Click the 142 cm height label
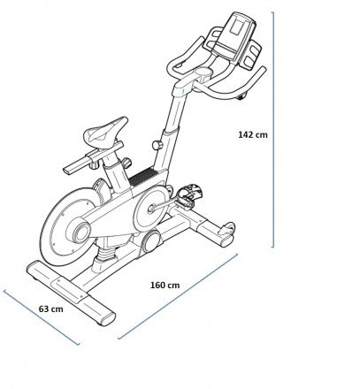(x=253, y=134)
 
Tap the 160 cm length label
(x=165, y=286)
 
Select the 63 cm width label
(x=51, y=309)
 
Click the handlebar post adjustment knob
(x=157, y=145)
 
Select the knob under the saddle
(x=126, y=163)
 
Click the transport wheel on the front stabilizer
(x=229, y=227)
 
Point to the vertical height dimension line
(x=273, y=130)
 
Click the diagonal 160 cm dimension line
(x=178, y=296)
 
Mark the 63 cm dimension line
(x=42, y=317)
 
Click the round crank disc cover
(x=151, y=209)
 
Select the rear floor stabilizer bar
(x=71, y=293)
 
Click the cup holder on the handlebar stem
(x=203, y=72)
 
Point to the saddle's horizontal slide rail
(x=93, y=158)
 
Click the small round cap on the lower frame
(x=151, y=240)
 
